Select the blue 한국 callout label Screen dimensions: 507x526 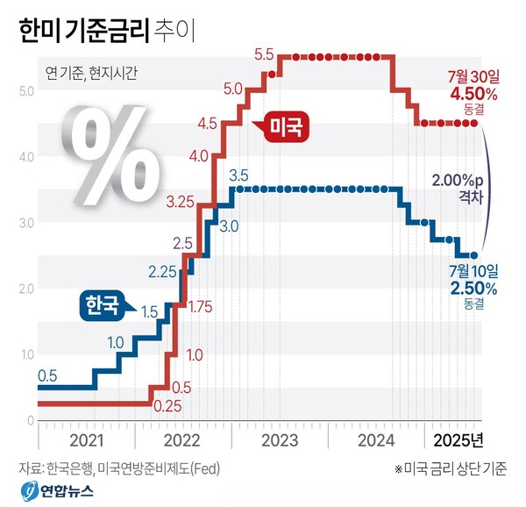pos(102,304)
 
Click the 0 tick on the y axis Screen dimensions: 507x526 pos(30,420)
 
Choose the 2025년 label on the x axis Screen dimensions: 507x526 pos(458,438)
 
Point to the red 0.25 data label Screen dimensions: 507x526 pos(166,406)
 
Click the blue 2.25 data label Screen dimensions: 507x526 pos(162,272)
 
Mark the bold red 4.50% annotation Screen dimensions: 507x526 pos(473,94)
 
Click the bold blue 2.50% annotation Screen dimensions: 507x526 pos(473,288)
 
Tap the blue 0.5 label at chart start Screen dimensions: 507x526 pos(47,375)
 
